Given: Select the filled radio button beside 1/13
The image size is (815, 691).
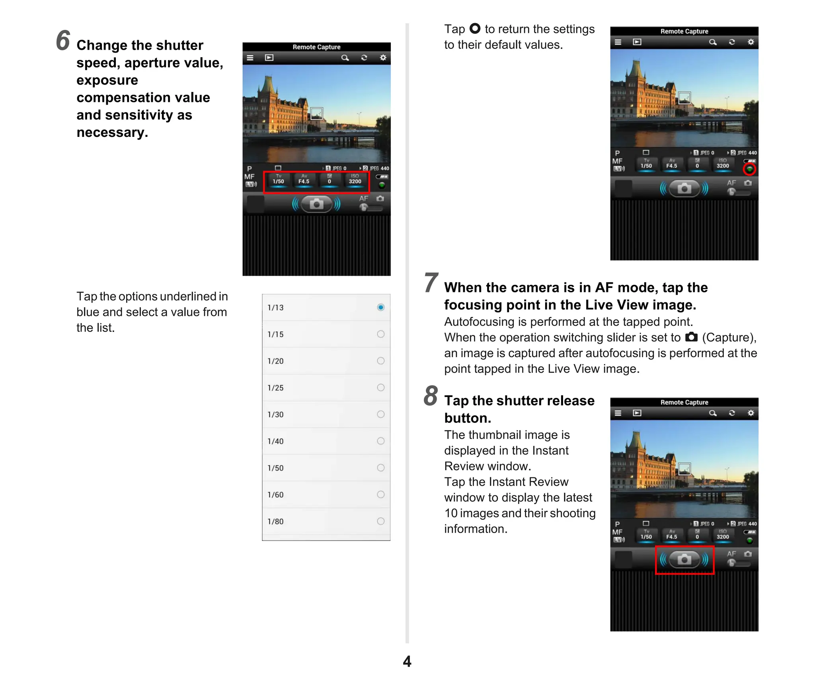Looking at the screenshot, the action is tap(380, 307).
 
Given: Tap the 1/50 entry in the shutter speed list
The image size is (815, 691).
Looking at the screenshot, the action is tap(275, 468).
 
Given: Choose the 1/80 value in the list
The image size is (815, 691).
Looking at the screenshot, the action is tap(275, 521).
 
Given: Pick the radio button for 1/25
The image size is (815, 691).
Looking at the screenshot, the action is tap(380, 387).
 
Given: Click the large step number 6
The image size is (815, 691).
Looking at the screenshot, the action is tap(63, 41).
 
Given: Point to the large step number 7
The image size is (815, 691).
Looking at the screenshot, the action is tap(431, 282).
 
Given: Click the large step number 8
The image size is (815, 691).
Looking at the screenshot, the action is tap(431, 396).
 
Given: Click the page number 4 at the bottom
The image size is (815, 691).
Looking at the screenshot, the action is tap(407, 661).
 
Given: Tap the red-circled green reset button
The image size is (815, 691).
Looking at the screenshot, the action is tap(749, 169).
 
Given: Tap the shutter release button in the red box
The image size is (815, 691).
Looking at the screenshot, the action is tap(684, 559).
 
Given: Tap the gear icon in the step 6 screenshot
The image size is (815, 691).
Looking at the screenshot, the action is tap(383, 58).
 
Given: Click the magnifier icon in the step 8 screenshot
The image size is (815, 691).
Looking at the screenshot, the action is tap(713, 413).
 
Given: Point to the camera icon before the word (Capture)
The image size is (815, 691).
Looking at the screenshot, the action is tap(691, 337).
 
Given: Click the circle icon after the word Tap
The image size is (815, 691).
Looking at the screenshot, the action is tap(475, 29).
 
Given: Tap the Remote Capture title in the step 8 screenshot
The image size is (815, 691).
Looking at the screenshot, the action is tap(684, 402).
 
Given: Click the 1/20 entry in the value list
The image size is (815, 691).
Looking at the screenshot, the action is tap(275, 361).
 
